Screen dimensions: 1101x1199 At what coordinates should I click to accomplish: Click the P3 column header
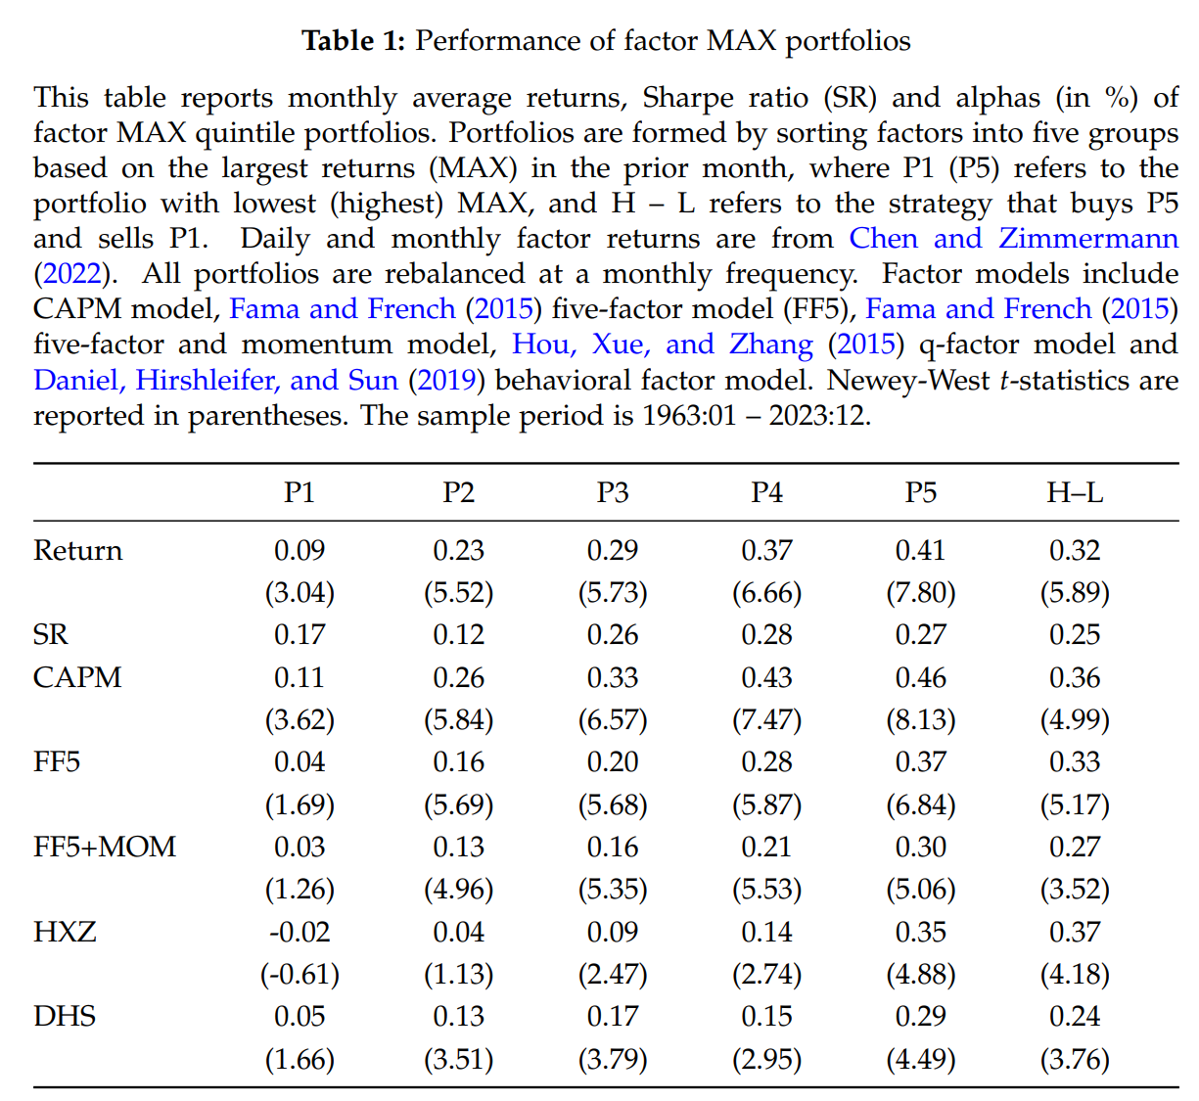613,492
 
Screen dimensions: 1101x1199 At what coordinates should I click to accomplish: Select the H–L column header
1075,492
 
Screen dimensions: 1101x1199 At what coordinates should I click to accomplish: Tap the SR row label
51,635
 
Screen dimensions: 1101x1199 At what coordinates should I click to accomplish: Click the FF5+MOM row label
105,848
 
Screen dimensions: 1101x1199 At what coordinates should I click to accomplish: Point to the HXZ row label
65,932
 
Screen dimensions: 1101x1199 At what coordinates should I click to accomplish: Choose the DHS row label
65,1017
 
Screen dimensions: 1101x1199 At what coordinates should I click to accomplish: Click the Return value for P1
300,550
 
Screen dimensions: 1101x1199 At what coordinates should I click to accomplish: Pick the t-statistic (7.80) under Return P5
921,593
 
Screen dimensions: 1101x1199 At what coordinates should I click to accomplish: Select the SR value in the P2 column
458,635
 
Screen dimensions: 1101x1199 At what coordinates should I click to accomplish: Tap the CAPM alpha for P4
766,678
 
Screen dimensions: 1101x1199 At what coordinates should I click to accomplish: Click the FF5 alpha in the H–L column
1075,762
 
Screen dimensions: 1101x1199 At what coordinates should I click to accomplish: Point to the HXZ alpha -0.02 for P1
300,932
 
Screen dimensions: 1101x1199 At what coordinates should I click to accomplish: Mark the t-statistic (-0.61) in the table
300,975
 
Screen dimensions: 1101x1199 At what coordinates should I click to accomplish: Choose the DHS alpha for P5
921,1017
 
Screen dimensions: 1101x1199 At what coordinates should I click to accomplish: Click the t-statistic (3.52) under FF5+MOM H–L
1075,890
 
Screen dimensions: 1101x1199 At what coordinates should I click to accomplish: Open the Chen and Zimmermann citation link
1013,239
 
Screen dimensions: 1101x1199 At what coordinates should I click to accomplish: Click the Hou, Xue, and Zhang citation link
663,344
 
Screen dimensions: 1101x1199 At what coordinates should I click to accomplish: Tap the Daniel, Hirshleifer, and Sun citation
215,380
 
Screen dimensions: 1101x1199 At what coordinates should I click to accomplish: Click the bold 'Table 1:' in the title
352,41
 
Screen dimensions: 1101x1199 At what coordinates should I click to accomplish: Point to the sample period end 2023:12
818,415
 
